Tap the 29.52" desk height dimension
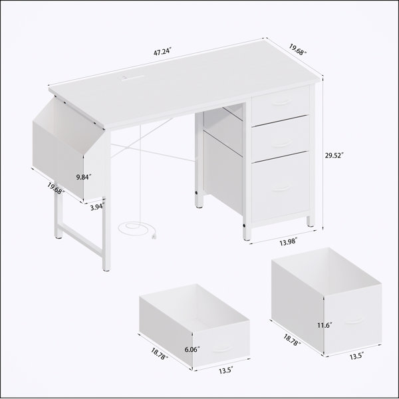click(x=334, y=155)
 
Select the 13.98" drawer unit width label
click(x=288, y=242)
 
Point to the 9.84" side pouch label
click(x=84, y=177)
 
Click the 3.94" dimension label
click(x=98, y=207)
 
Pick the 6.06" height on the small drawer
click(x=192, y=349)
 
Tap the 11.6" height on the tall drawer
click(x=325, y=325)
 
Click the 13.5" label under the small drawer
click(x=226, y=370)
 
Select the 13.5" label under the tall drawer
click(x=356, y=356)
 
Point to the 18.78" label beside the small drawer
click(x=160, y=354)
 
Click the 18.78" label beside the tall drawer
click(x=292, y=340)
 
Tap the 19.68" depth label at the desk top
click(x=297, y=50)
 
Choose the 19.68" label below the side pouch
click(x=56, y=188)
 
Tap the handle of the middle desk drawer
click(x=281, y=144)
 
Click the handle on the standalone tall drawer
click(x=354, y=321)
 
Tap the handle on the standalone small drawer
click(x=222, y=348)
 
